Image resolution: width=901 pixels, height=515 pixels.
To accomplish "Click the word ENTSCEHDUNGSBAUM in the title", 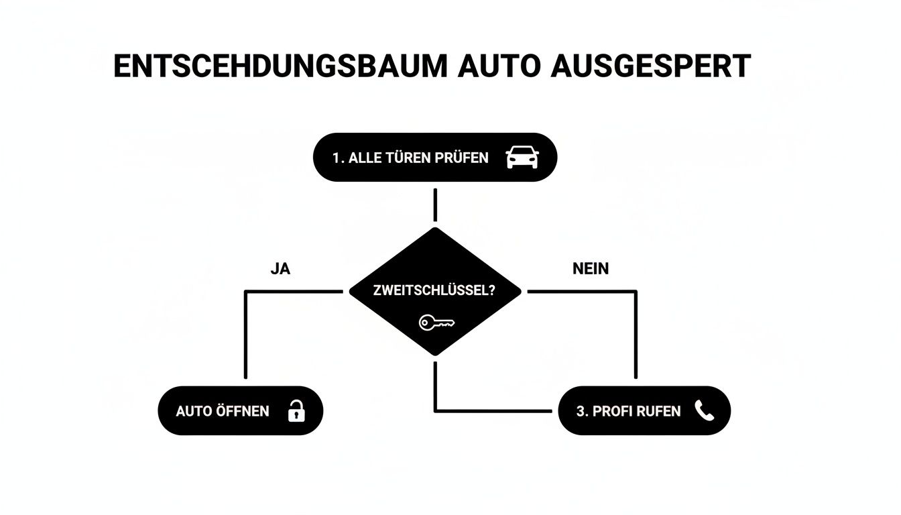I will coord(280,66).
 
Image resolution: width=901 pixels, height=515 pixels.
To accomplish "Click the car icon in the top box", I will coord(522,158).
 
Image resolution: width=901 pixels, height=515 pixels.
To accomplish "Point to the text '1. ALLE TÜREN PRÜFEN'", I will coord(410,158).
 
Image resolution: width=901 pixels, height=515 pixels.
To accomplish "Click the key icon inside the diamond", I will coord(436,323).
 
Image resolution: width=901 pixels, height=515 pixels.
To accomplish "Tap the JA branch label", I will coord(280,269).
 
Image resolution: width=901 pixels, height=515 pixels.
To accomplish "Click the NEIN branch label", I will coord(591,269).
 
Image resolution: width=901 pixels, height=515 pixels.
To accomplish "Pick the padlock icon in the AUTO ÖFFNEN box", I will coord(296,410).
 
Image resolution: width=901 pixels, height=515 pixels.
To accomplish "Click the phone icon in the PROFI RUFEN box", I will coord(704,410).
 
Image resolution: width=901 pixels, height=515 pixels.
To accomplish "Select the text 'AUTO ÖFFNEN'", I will coord(223,411).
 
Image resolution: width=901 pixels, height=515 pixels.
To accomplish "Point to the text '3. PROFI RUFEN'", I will coord(628,411).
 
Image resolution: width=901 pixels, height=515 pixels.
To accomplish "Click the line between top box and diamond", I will coord(436,205).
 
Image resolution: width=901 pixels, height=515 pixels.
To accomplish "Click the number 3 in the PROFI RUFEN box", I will coord(580,411).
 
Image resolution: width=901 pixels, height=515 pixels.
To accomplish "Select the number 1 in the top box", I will coord(336,158).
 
